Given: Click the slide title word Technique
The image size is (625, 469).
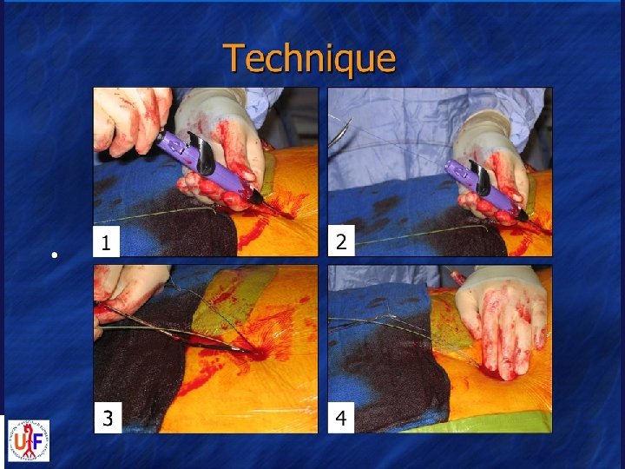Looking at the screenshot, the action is click(309, 59).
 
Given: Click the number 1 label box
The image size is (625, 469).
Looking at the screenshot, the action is click(107, 241).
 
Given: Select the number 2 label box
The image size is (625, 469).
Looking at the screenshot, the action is click(341, 241).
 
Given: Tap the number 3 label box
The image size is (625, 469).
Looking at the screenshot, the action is click(108, 418).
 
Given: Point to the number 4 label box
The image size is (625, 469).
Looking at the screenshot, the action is click(341, 418).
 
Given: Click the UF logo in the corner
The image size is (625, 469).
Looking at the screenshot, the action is click(30, 440).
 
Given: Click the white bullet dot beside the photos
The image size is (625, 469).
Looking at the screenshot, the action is click(55, 254).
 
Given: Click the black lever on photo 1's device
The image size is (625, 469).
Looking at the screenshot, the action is click(203, 154).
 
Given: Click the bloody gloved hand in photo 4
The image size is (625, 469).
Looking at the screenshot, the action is click(503, 319).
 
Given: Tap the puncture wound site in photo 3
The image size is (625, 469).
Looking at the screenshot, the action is click(259, 353).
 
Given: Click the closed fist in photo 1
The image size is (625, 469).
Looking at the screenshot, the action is click(132, 120).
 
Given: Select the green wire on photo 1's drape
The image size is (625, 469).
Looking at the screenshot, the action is click(155, 215).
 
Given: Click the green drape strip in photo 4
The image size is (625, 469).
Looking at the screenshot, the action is click(478, 423).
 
